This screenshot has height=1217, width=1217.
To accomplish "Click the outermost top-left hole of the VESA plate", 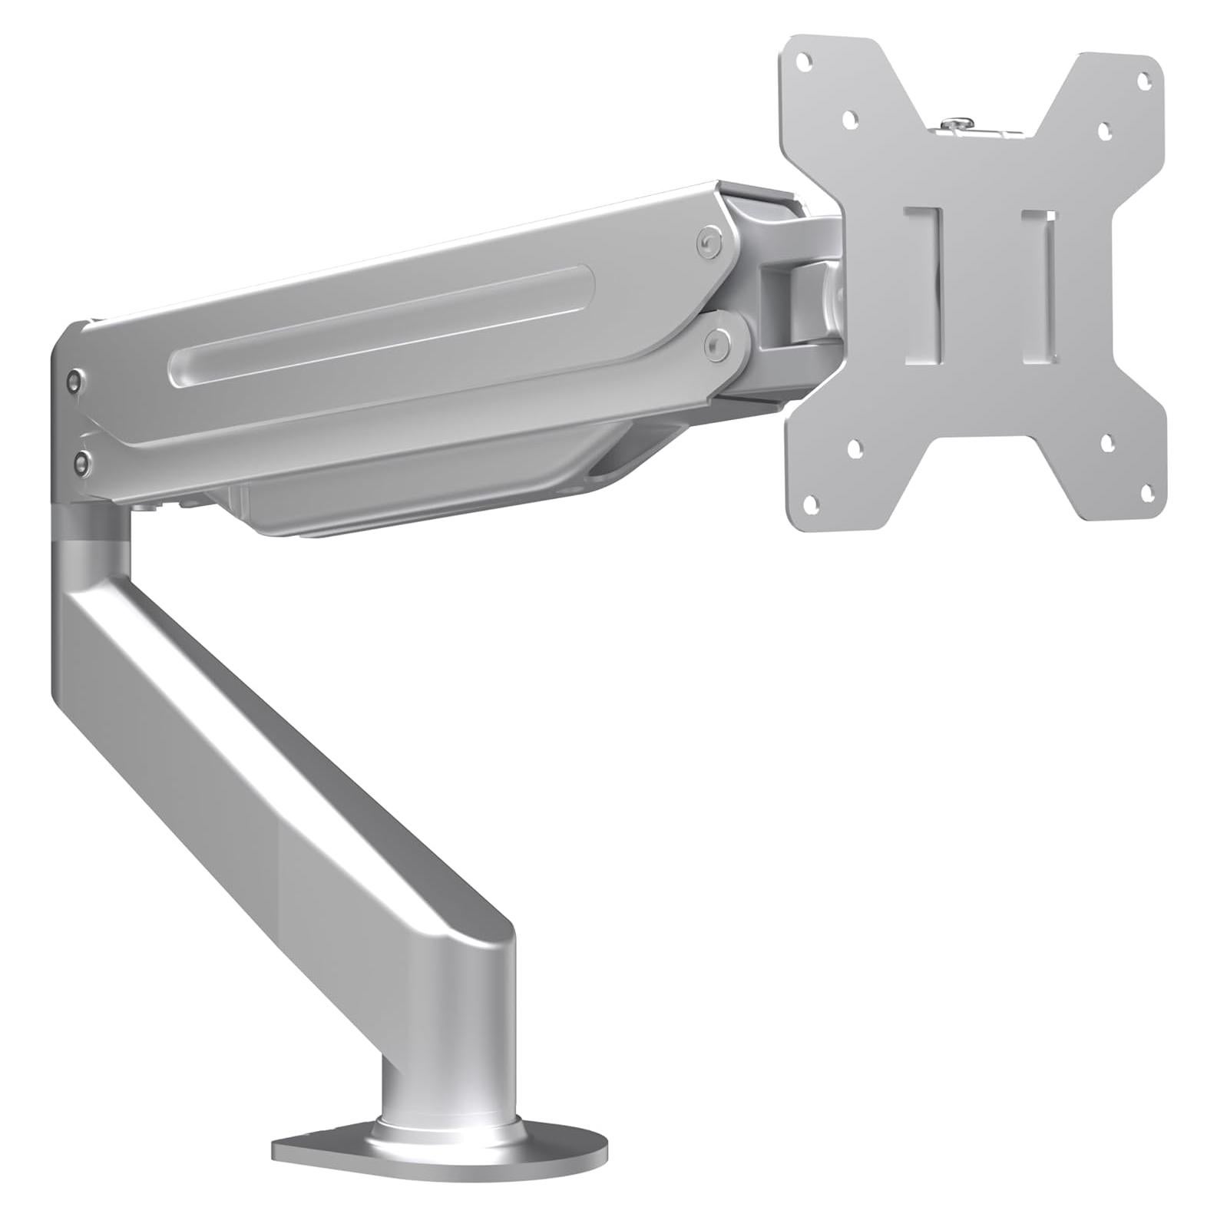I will [x=803, y=58].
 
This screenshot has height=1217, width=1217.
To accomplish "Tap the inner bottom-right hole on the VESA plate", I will [x=1107, y=441].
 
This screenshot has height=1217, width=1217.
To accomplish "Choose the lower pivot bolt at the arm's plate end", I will [x=719, y=344].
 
